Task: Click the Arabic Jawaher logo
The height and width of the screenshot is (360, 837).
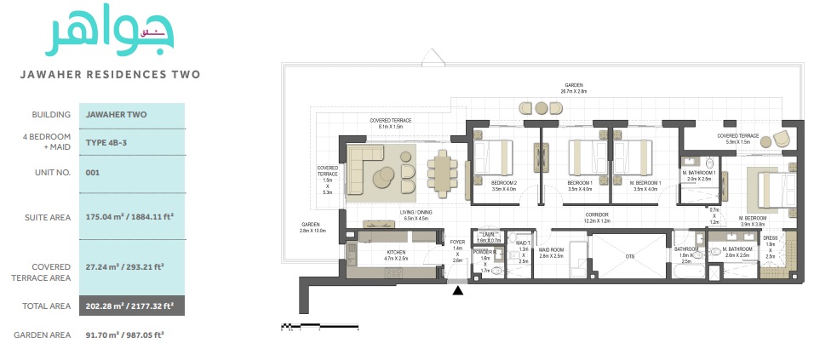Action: tap(109, 34)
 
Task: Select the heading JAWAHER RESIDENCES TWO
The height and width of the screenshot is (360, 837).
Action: tap(110, 74)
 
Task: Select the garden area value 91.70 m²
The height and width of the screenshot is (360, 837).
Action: tap(124, 334)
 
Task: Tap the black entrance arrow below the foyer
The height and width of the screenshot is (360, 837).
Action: tap(458, 292)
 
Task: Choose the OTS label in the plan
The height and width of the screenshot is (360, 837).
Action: tap(629, 255)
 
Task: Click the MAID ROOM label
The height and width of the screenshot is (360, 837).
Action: tap(552, 251)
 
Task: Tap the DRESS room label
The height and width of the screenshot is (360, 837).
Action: tap(770, 238)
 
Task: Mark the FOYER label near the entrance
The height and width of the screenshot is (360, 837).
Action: tap(457, 242)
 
